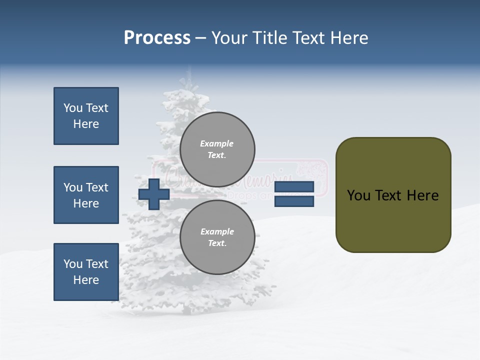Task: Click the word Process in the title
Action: [x=157, y=38]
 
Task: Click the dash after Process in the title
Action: [x=200, y=38]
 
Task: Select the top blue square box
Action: [x=86, y=116]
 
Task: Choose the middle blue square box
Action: [x=86, y=195]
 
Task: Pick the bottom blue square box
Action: [x=86, y=271]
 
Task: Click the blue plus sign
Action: [x=154, y=194]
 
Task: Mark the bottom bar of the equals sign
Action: [x=294, y=201]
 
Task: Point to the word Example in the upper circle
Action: [x=216, y=143]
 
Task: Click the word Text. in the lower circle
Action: [x=217, y=243]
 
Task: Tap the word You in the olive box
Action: [x=358, y=195]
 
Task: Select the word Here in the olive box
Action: [x=422, y=195]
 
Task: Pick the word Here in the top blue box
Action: [x=86, y=124]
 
